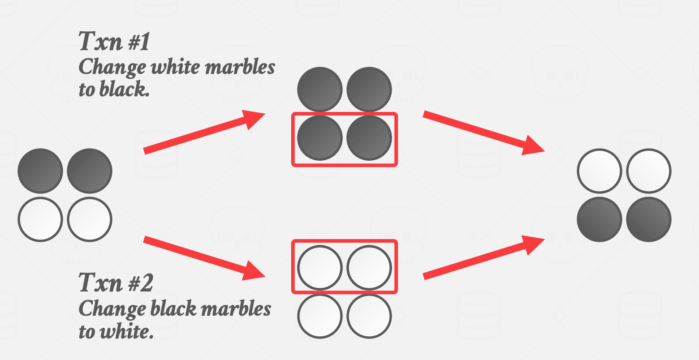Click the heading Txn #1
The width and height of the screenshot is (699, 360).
pos(115,42)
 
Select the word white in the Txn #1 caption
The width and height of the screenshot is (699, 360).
pos(175,67)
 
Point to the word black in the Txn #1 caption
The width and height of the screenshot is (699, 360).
pos(121,90)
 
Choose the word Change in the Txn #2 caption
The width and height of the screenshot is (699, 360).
pos(112,309)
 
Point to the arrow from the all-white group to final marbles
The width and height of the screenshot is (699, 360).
pos(483,257)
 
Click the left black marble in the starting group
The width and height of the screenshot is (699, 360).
pos(40,171)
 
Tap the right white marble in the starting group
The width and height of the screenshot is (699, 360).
pos(89,219)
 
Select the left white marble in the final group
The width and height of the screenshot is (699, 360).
pos(600,171)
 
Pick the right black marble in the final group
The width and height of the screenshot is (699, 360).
pos(648,219)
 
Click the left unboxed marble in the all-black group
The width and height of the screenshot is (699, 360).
pos(319,89)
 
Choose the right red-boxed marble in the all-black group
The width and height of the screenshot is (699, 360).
pos(369,138)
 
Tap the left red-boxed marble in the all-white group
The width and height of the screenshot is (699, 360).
pos(319,268)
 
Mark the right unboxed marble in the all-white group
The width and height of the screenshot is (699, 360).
pos(369,317)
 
